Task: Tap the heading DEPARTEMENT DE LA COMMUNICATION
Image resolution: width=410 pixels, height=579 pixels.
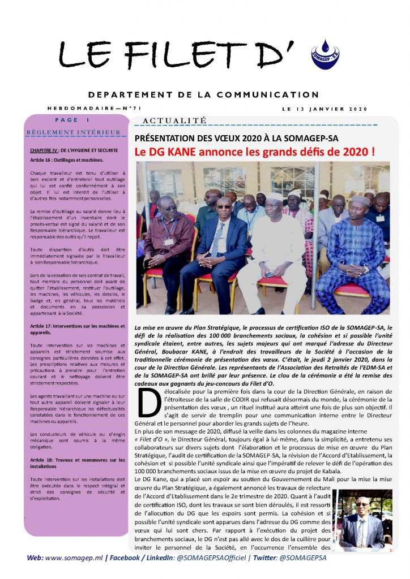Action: [204, 94]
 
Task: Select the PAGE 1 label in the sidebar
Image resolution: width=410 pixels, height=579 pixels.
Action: [72, 120]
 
